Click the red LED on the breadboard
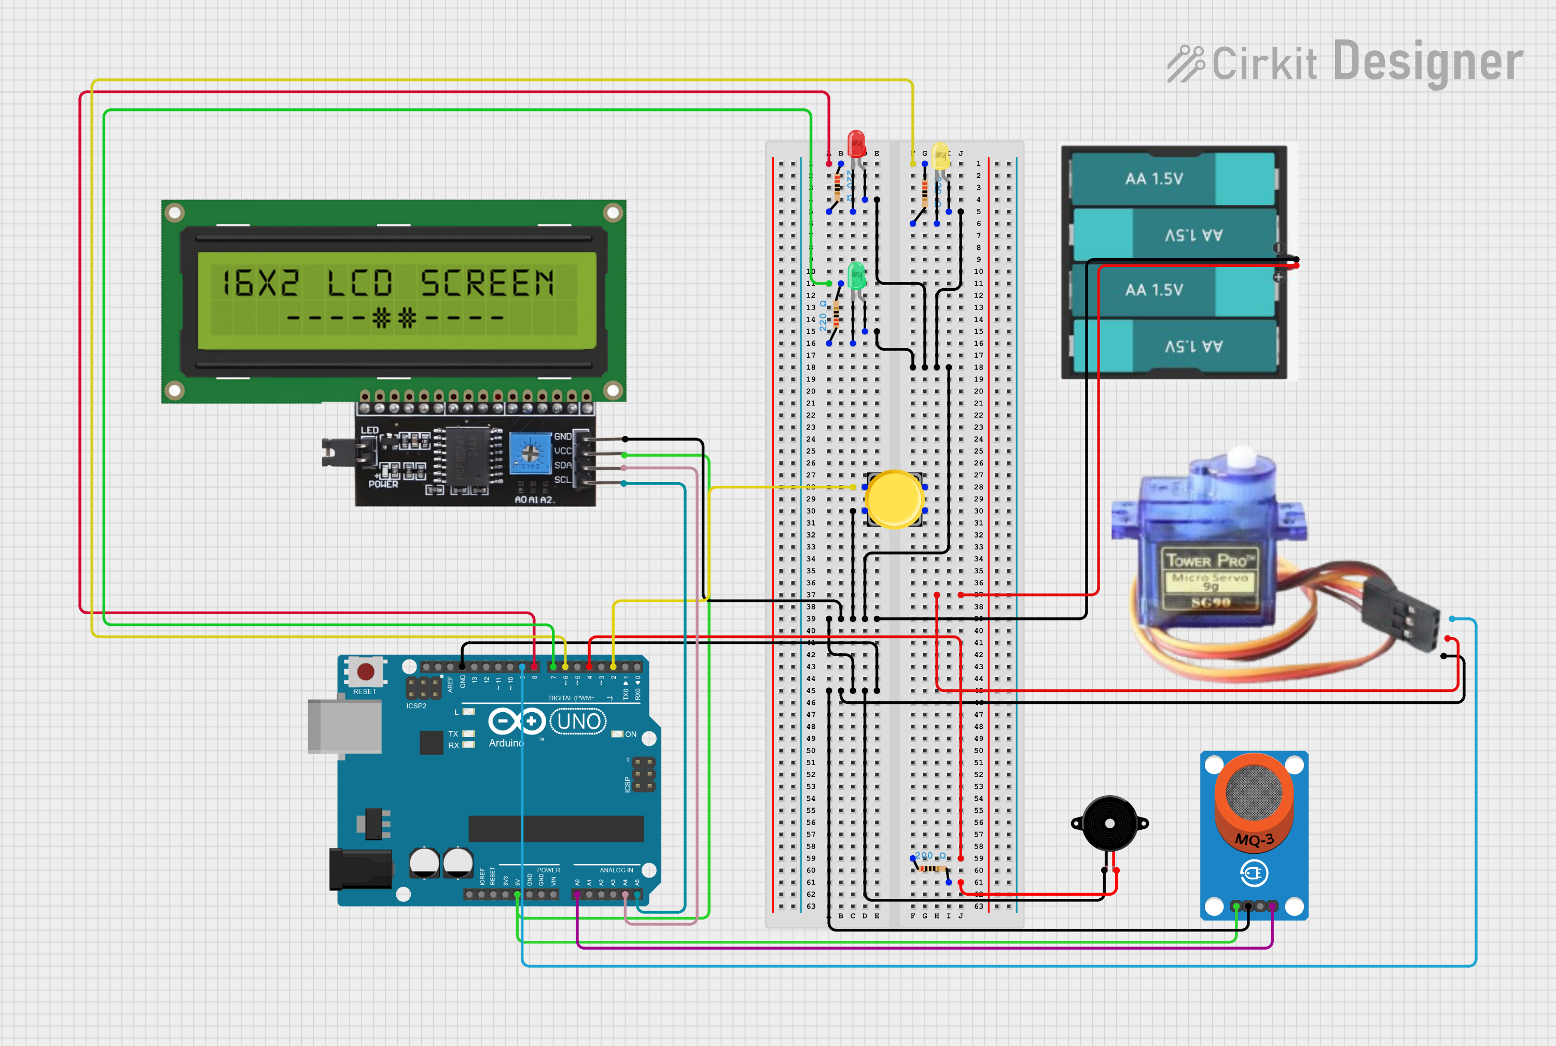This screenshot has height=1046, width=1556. tap(856, 144)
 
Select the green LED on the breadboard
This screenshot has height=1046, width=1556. tap(856, 276)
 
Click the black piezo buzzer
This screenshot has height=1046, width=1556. tap(1109, 823)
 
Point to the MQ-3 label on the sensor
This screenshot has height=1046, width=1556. tap(1254, 839)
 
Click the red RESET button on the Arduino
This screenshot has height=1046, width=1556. tap(365, 671)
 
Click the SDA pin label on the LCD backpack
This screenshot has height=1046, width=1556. tap(563, 465)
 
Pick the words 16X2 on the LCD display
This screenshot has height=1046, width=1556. tap(260, 283)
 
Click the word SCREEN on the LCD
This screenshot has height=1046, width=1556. tap(488, 283)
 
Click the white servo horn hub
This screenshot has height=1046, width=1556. tap(1242, 458)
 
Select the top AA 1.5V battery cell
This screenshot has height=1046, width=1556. tap(1173, 179)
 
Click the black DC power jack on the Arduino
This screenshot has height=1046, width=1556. tap(360, 869)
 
